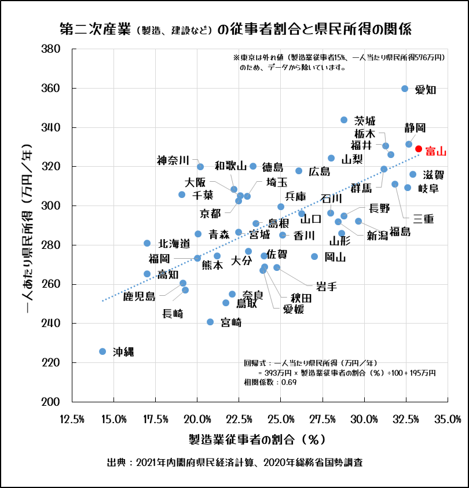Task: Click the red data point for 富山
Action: [x=419, y=149]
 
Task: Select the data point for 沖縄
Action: [x=102, y=351]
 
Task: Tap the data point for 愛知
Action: [x=405, y=89]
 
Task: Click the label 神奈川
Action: [x=173, y=160]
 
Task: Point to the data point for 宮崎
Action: [x=210, y=322]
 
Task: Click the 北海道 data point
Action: [x=147, y=243]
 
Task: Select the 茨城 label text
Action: [x=365, y=120]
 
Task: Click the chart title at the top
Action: [x=235, y=28]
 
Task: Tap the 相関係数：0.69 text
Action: [x=270, y=383]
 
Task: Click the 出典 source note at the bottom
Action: [x=235, y=463]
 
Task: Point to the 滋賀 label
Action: [x=434, y=174]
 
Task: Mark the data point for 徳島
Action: [x=253, y=166]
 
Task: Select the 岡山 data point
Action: [x=314, y=256]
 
